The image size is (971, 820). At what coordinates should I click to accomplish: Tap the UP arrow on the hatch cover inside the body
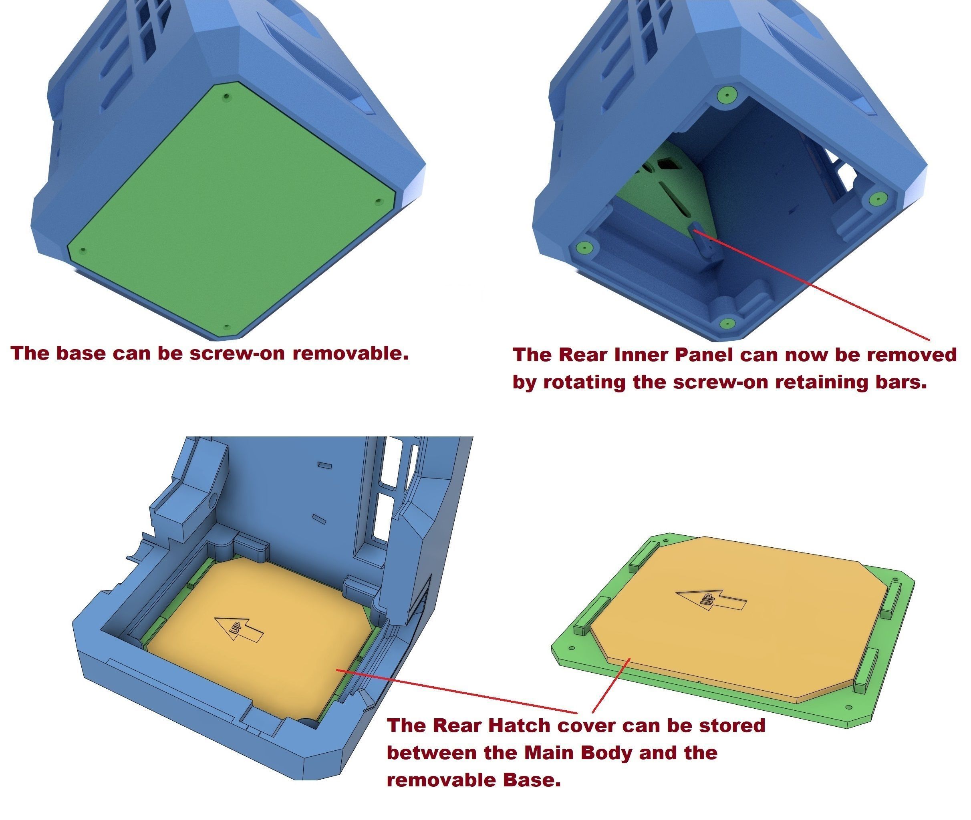[x=239, y=630]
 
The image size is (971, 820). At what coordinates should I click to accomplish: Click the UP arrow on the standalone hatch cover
[x=711, y=601]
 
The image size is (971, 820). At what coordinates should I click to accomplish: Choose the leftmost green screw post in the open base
[x=584, y=247]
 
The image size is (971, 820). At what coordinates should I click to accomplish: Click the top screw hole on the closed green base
[x=226, y=97]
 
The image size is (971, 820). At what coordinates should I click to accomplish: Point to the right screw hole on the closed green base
[x=378, y=201]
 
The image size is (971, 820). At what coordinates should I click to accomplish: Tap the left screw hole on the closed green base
[x=83, y=250]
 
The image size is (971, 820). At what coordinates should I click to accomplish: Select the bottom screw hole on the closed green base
[x=226, y=327]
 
